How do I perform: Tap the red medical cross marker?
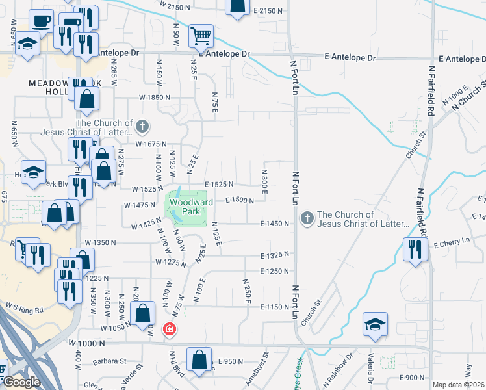point(170,330)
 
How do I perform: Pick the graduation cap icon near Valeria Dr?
point(376,325)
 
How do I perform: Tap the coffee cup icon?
point(42,20)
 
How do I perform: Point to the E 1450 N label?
point(274,224)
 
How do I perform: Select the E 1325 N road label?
point(274,255)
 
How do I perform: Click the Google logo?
point(21,382)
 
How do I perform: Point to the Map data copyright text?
point(458,385)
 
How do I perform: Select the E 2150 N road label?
point(270,12)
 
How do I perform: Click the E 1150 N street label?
point(274,306)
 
